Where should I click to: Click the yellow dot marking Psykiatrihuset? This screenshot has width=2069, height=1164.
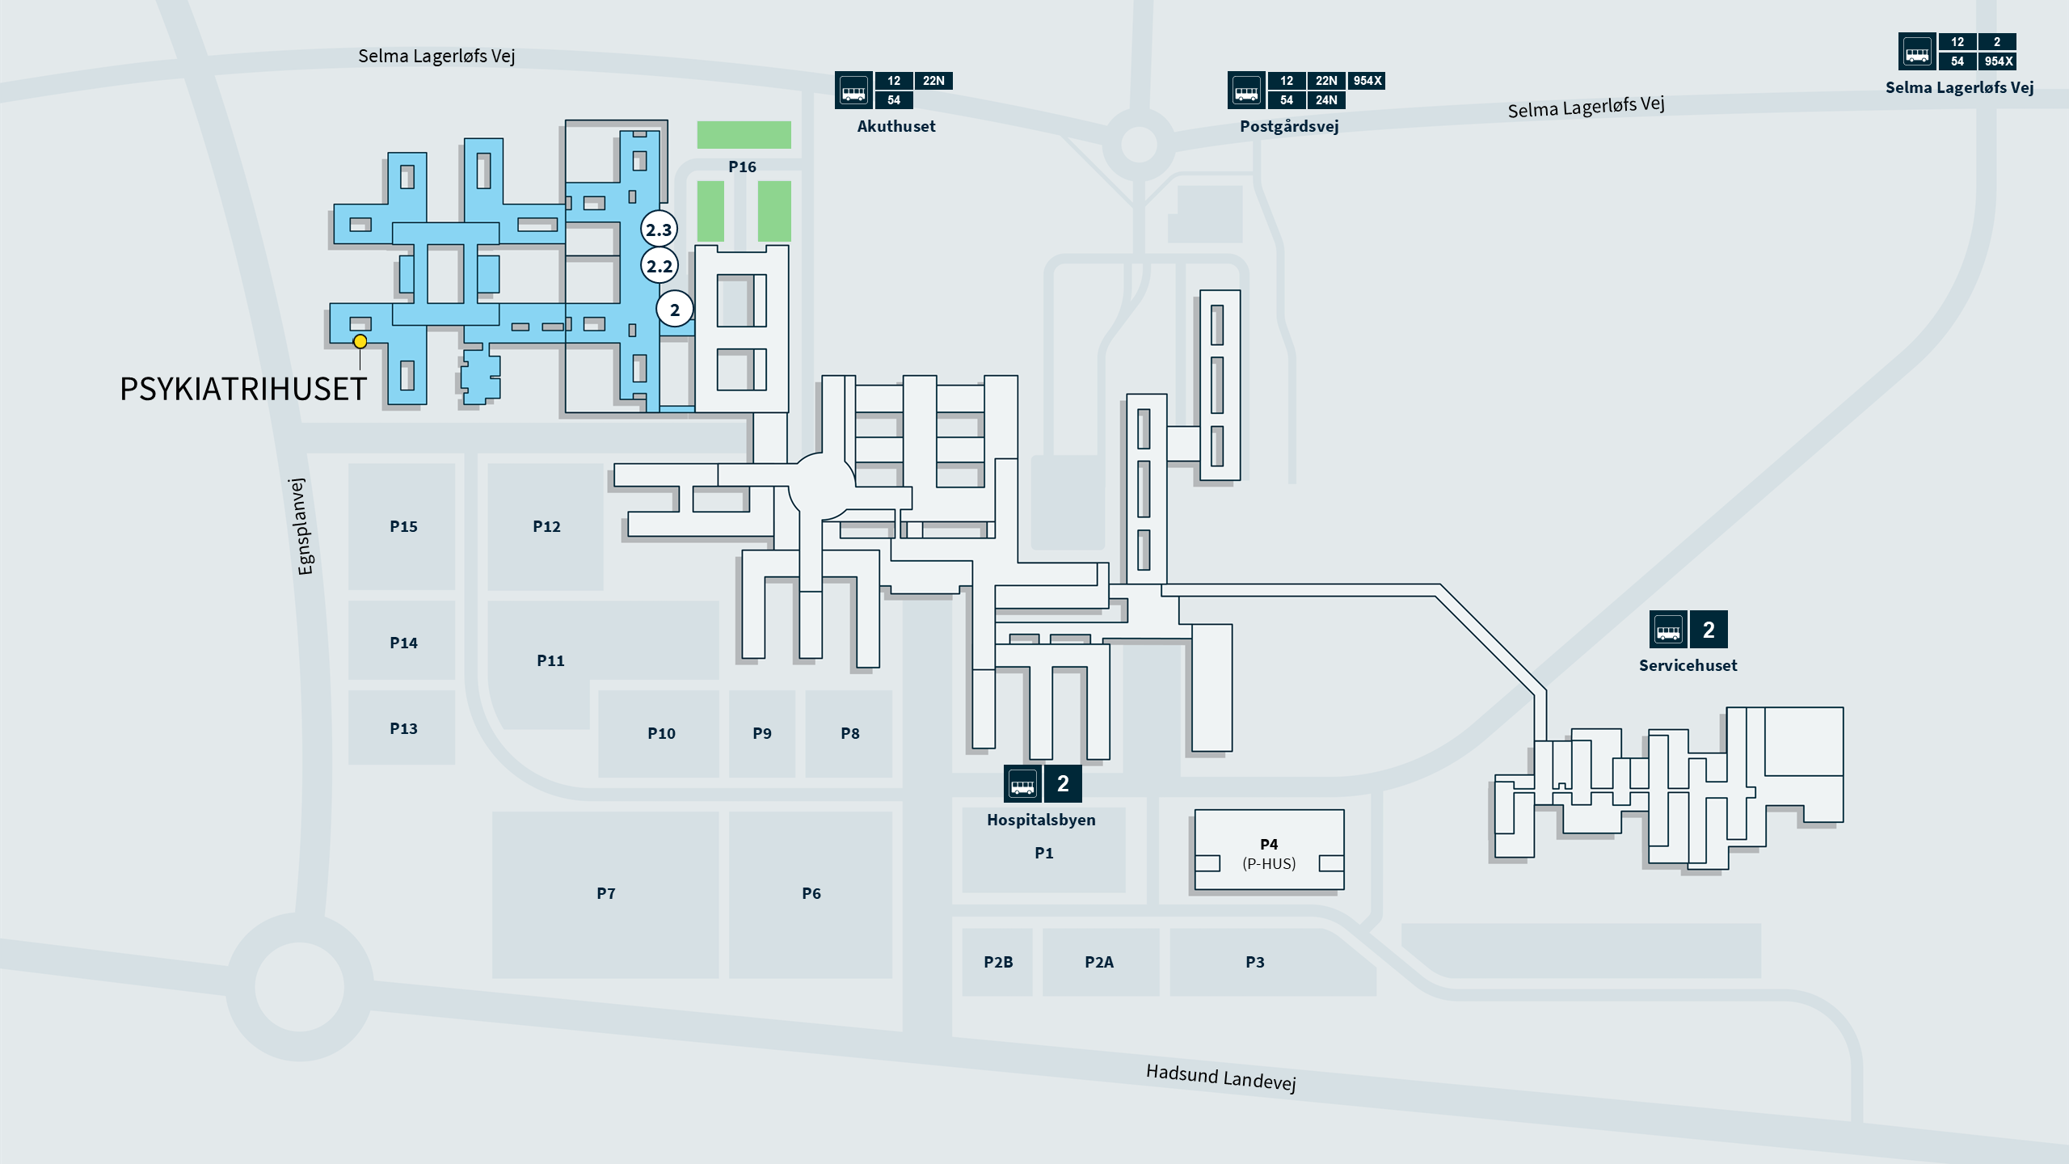point(360,342)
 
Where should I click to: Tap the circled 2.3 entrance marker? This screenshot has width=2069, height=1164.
point(659,230)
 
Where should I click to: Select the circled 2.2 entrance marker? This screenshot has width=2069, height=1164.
point(659,265)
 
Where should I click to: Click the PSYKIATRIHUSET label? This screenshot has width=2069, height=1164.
point(243,389)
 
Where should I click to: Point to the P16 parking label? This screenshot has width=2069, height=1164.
point(742,167)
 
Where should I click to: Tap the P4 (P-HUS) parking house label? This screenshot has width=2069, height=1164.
point(1269,854)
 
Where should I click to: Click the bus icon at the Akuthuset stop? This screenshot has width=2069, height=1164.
point(853,90)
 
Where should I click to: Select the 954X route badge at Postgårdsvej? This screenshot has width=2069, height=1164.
point(1367,80)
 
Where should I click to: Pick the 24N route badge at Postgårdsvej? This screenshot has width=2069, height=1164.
point(1326,100)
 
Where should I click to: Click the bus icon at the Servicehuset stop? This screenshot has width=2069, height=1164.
point(1668,630)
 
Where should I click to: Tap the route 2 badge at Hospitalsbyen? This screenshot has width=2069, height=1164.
point(1063,783)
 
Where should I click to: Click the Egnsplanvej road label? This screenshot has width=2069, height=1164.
point(301,526)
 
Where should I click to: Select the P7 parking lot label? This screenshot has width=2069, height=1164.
point(606,893)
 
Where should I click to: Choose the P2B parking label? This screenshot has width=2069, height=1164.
point(998,962)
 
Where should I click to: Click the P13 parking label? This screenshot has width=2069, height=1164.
point(403,728)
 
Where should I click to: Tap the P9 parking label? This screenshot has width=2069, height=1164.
point(762,733)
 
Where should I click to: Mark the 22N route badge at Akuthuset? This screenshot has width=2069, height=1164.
point(933,80)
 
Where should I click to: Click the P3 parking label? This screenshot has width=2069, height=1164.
point(1255,962)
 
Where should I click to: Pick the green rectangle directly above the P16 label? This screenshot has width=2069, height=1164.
point(744,134)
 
